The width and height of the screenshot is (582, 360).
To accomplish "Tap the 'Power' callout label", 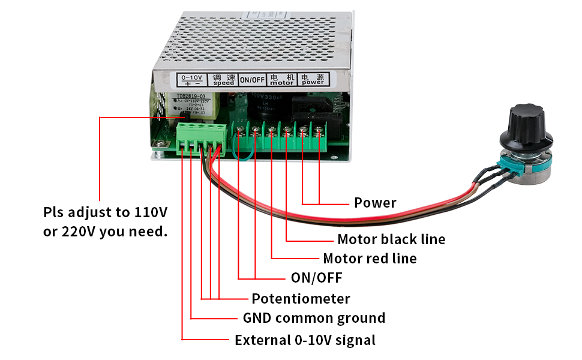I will click(x=375, y=203).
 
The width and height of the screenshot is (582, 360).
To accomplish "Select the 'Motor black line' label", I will click(x=391, y=239).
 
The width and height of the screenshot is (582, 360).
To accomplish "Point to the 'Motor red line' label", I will click(x=370, y=259).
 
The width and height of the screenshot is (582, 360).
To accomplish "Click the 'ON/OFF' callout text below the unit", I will click(x=316, y=278).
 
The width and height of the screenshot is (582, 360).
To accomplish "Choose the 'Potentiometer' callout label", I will click(x=301, y=298).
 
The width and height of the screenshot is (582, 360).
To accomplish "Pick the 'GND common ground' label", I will click(x=314, y=318).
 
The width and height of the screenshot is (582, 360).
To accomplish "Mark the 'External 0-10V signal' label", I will click(x=305, y=340).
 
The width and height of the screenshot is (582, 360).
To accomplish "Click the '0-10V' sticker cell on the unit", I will click(x=191, y=80).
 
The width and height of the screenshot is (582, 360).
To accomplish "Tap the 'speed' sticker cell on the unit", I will click(x=224, y=80).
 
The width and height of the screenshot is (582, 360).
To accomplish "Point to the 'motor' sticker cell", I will click(x=282, y=80).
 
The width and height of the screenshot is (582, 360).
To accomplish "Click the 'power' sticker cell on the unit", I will click(x=313, y=80).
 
